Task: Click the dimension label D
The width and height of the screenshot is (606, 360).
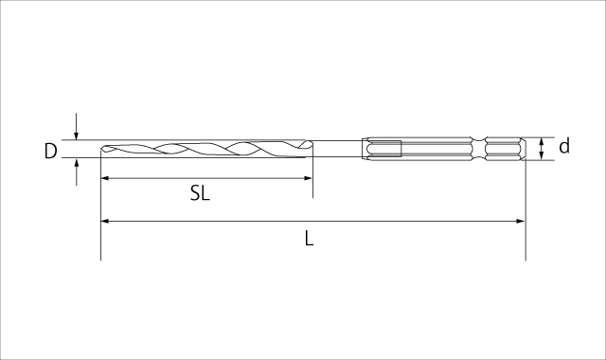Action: tap(50, 152)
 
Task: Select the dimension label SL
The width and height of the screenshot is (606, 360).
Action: tap(200, 193)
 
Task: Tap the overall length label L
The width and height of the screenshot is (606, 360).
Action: tap(309, 239)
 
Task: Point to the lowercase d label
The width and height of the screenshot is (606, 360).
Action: tap(564, 146)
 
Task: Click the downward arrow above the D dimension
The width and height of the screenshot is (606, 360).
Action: tap(77, 126)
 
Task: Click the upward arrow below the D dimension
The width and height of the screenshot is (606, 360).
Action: tap(77, 172)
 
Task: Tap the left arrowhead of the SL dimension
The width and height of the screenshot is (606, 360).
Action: tap(104, 178)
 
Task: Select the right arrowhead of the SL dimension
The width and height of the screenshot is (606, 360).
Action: tap(308, 178)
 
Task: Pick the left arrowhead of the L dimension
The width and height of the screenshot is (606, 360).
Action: tap(104, 221)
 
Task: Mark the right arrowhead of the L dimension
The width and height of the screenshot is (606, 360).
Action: tap(521, 221)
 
